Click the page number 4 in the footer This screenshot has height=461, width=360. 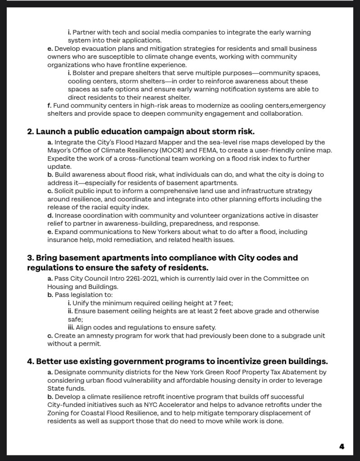coord(342,447)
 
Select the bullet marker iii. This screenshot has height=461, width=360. coord(71,327)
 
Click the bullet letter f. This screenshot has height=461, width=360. coord(49,106)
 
